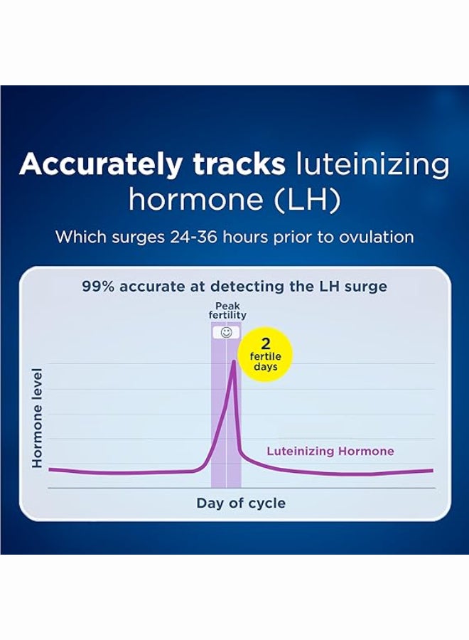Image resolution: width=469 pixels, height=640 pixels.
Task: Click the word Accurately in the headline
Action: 100,165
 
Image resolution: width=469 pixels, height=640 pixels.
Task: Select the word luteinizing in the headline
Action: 372,165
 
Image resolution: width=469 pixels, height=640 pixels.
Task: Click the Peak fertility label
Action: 227,311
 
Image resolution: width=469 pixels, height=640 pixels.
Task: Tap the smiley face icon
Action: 226,332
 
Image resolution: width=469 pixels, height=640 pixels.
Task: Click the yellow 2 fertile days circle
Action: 266,353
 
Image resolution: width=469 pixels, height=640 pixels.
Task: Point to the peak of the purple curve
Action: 234,361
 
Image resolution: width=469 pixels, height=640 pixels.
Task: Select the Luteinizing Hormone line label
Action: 330,451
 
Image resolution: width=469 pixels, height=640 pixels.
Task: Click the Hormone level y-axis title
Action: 38,417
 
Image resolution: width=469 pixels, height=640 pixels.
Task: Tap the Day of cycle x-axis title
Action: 241,503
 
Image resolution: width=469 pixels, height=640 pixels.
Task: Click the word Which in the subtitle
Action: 82,237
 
